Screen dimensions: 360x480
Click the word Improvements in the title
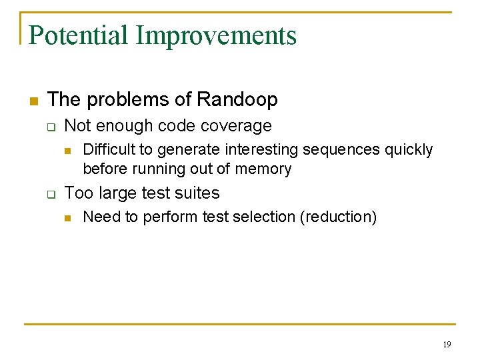point(216,35)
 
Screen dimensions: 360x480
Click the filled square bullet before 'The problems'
point(32,101)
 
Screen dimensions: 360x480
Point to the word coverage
point(239,126)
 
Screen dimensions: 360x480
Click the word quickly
point(409,150)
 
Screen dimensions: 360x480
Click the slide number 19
point(446,345)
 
